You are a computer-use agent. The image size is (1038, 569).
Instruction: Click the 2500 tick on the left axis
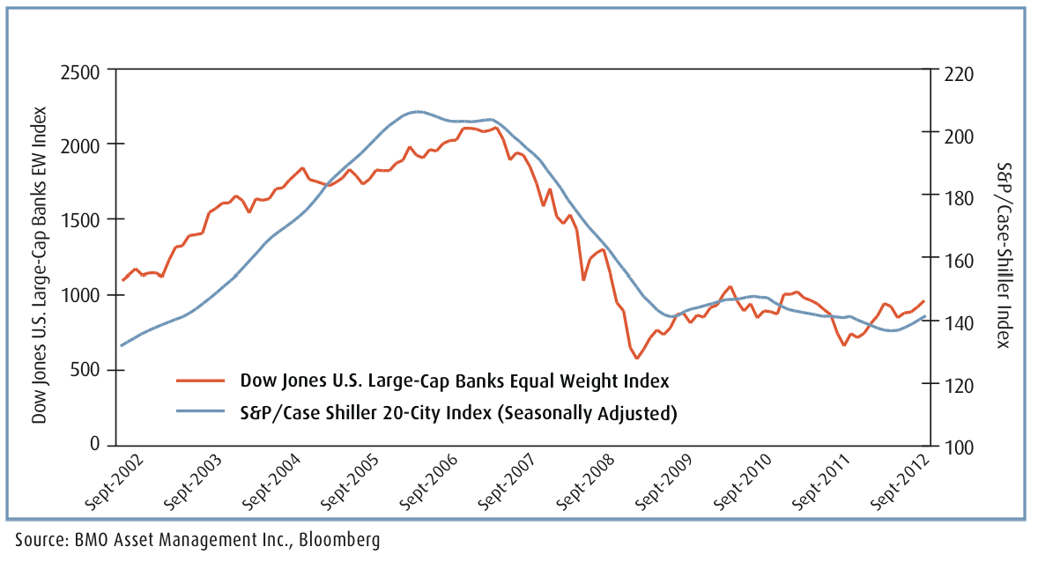tap(81, 69)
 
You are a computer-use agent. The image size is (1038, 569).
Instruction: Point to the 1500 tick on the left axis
tap(81, 219)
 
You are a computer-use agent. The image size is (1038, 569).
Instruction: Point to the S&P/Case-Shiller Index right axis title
tap(1005, 255)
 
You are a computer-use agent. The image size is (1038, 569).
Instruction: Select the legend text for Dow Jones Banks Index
tap(455, 381)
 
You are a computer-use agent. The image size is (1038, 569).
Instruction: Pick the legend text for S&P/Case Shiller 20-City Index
tap(458, 411)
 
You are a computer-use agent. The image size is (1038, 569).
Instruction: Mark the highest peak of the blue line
tap(417, 112)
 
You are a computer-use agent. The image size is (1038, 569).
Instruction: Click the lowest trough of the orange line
tap(637, 358)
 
